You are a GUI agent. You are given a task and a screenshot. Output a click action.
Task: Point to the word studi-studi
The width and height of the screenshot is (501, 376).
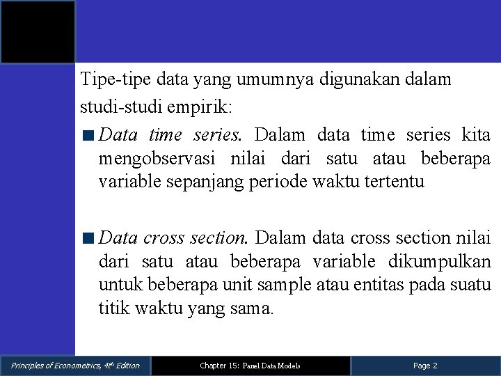point(116,109)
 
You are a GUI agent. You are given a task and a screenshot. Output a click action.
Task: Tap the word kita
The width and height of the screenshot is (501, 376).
point(477,134)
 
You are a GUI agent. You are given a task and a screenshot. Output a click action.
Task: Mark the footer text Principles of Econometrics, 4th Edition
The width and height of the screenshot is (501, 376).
point(75,366)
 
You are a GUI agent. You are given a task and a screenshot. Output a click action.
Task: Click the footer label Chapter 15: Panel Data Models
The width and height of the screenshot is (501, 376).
point(250,366)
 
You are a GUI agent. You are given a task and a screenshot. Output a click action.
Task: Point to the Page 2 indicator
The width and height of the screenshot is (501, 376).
point(425,366)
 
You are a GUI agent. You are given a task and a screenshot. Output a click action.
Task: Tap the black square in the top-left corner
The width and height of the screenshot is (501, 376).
point(38,32)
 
